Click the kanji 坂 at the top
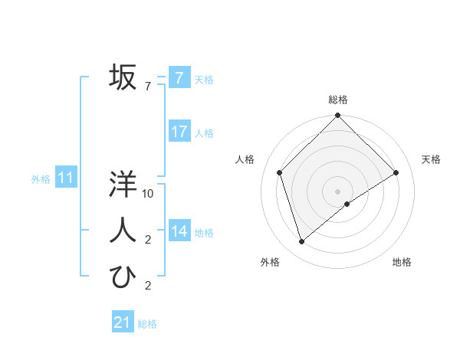[x=123, y=77]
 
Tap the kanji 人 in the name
[x=123, y=231]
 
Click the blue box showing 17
[x=179, y=132]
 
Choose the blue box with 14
[x=179, y=231]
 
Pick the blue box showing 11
[x=66, y=178]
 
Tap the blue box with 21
[x=123, y=322]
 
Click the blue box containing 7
[x=179, y=77]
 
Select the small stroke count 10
[x=148, y=194]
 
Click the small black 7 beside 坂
[x=148, y=87]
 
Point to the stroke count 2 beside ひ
[x=148, y=286]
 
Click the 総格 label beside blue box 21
[x=147, y=324]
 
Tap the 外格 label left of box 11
[x=41, y=179]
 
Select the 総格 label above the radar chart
[x=338, y=100]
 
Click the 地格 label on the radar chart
[x=402, y=262]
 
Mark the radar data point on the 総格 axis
[x=337, y=116]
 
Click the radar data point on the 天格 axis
[x=396, y=172]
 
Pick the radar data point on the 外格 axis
[x=302, y=242]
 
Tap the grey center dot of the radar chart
[x=337, y=191]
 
